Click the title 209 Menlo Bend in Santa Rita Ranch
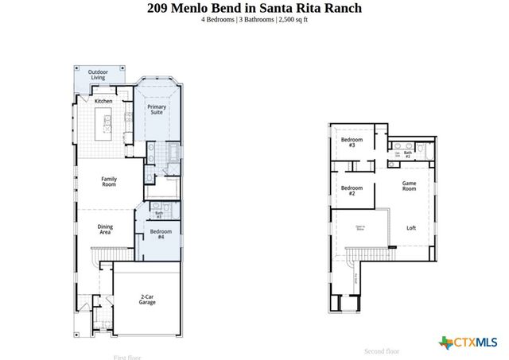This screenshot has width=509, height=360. tap(254, 8)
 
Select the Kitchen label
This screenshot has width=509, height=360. tap(103, 101)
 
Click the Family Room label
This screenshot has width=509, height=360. tap(109, 182)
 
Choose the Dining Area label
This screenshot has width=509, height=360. tap(105, 230)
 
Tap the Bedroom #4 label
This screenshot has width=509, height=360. tap(161, 234)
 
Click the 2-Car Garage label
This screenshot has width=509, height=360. tap(147, 299)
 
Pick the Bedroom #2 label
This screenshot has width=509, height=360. tap(352, 191)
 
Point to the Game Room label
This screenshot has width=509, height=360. tap(409, 185)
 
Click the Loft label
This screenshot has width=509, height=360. tap(411, 228)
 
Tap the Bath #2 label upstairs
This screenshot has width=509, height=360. tap(408, 154)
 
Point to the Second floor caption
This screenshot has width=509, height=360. tap(382, 351)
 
